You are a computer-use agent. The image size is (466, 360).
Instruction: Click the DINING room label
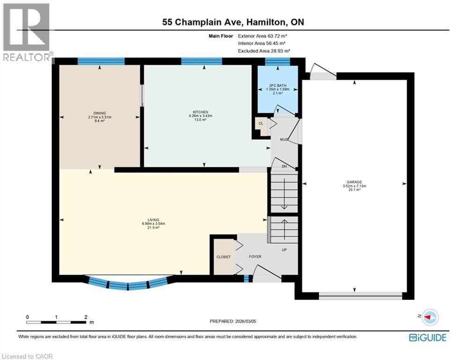99,113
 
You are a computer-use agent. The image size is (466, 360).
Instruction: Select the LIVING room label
153,220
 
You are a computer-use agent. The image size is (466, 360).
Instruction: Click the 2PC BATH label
275,85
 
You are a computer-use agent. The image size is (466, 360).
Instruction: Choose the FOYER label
255,256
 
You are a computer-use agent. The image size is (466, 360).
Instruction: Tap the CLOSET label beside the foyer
223,257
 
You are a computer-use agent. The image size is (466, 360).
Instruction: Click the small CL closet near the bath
261,124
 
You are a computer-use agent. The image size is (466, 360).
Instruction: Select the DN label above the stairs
284,166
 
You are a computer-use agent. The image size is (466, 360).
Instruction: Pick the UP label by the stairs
284,249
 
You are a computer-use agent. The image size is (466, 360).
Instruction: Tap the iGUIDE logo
427,337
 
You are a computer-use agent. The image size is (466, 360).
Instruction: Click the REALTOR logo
27,33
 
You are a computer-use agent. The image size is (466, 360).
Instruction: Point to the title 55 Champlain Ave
233,22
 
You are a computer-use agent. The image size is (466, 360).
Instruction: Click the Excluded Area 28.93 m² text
264,51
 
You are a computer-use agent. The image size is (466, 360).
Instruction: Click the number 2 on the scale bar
86,317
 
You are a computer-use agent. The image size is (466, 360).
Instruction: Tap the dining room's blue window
101,61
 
